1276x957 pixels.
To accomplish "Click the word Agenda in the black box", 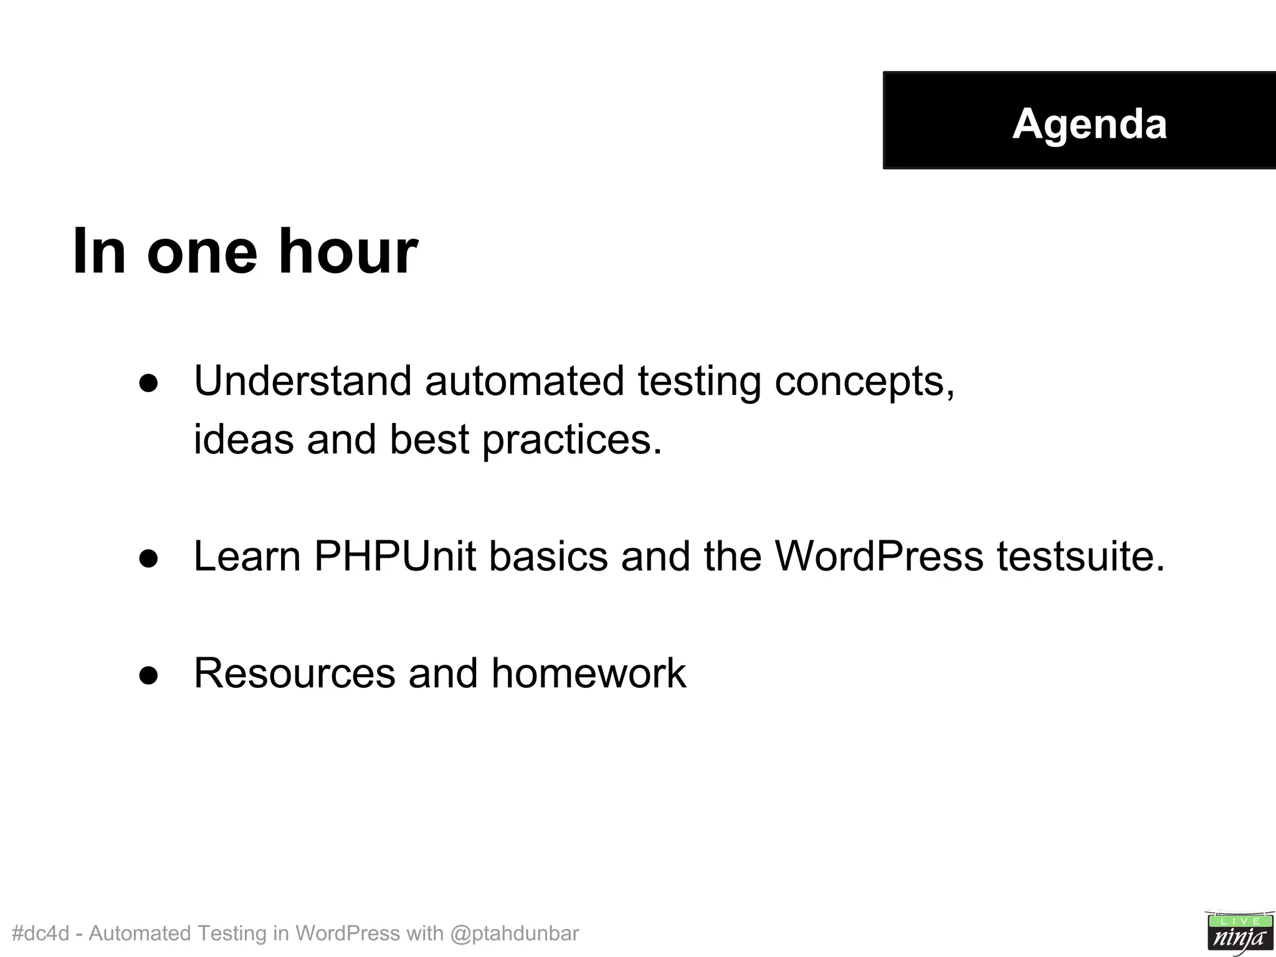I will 1089,123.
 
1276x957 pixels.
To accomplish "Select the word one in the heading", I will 202,252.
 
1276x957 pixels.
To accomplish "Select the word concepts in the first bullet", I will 864,381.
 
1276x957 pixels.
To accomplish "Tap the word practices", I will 572,440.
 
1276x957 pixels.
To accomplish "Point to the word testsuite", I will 1080,556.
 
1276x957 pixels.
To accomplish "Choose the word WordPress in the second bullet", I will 878,556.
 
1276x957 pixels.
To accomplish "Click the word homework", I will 588,673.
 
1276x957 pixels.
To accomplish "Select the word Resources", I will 295,673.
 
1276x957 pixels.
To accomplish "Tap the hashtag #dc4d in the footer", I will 40,933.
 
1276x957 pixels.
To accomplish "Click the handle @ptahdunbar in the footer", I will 514,933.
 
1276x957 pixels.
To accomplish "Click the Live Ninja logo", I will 1239,932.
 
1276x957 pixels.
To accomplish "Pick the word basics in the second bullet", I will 548,556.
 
